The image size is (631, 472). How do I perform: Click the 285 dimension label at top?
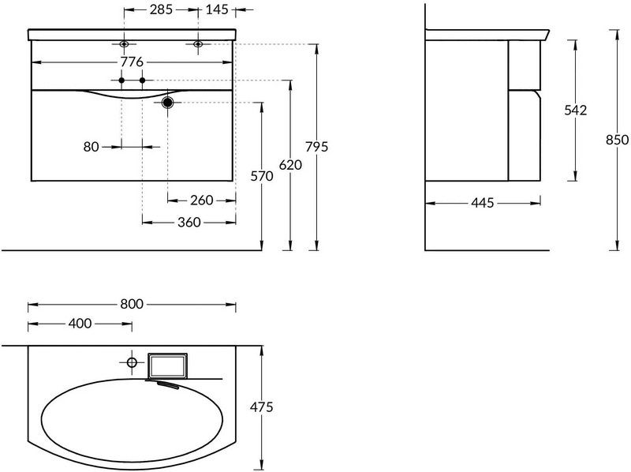pyautogui.click(x=161, y=9)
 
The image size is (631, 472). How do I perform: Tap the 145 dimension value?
pyautogui.click(x=217, y=9)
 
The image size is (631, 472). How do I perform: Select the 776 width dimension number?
pyautogui.click(x=132, y=62)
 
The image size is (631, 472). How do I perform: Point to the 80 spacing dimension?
pyautogui.click(x=91, y=147)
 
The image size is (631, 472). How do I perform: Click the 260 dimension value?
pyautogui.click(x=201, y=200)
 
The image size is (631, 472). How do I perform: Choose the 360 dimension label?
pyautogui.click(x=189, y=223)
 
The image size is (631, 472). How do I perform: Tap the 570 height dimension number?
pyautogui.click(x=262, y=176)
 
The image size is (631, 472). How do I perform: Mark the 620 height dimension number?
pyautogui.click(x=290, y=165)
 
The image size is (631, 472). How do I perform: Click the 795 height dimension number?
pyautogui.click(x=317, y=147)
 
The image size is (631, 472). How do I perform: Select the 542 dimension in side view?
pyautogui.click(x=576, y=110)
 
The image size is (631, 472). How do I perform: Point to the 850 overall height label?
pyautogui.click(x=617, y=140)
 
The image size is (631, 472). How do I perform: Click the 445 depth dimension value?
pyautogui.click(x=482, y=203)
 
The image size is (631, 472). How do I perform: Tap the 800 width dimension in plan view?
pyautogui.click(x=132, y=304)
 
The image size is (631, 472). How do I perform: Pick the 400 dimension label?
pyautogui.click(x=80, y=324)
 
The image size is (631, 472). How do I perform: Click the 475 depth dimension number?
pyautogui.click(x=262, y=407)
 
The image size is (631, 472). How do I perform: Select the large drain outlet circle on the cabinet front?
pyautogui.click(x=167, y=103)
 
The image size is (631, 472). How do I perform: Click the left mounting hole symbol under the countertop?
pyautogui.click(x=124, y=44)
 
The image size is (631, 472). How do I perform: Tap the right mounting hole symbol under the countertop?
pyautogui.click(x=198, y=44)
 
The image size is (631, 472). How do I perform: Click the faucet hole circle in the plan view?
pyautogui.click(x=132, y=362)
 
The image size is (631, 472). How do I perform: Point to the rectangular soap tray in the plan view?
pyautogui.click(x=167, y=365)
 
